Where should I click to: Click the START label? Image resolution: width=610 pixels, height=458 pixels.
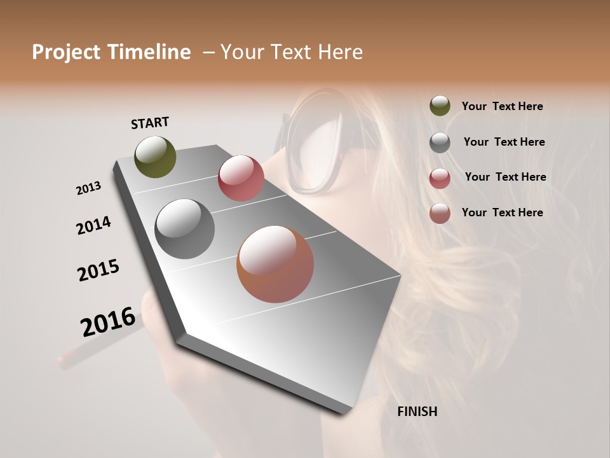click(150, 123)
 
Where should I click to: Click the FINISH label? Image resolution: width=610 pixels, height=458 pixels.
click(417, 412)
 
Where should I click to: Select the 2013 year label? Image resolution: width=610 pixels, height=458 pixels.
click(88, 188)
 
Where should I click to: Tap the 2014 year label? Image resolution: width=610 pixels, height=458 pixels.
click(93, 226)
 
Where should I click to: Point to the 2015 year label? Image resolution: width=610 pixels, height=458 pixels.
click(98, 270)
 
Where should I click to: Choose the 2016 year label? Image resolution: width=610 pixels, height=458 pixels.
click(108, 321)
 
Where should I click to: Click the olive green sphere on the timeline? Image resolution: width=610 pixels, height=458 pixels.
click(156, 156)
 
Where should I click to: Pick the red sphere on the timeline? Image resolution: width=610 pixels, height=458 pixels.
click(241, 178)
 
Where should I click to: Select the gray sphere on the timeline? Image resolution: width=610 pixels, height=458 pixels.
click(185, 229)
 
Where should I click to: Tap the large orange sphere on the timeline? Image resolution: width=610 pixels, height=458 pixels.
click(275, 264)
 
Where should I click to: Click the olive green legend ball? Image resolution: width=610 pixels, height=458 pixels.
click(440, 106)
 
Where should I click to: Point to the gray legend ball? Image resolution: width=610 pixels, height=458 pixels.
click(440, 142)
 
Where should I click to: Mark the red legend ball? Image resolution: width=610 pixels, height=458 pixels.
click(440, 178)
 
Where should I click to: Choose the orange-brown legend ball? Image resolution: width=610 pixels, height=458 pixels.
click(440, 213)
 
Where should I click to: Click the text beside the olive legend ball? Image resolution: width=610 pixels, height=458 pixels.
click(502, 106)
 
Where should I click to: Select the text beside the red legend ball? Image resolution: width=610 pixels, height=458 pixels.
click(505, 177)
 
